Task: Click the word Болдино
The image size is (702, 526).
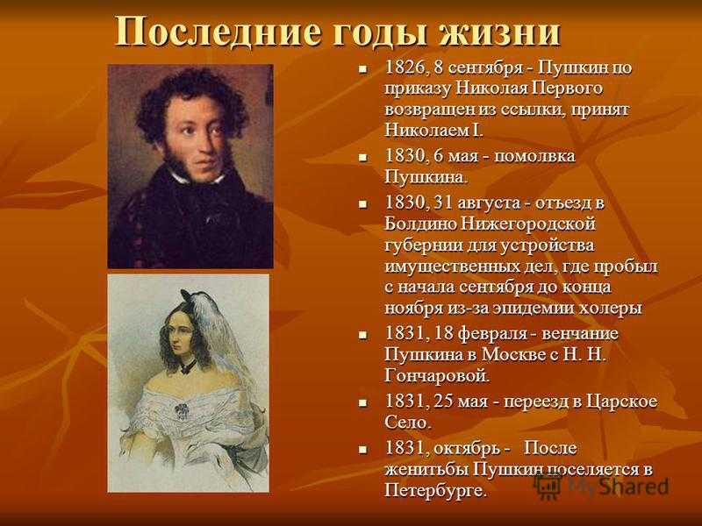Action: pos(419,224)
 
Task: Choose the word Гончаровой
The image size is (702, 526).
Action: pos(437,376)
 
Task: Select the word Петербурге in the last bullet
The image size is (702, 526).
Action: pos(435,491)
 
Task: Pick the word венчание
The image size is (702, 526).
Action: pos(580,334)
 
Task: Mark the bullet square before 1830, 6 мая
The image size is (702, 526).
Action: pos(362,158)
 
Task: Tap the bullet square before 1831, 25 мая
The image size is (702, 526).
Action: pos(362,403)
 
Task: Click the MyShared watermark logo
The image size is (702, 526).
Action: pos(601,487)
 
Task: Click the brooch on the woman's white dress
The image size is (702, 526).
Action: pos(182,410)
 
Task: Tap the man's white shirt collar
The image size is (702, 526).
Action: pos(197,179)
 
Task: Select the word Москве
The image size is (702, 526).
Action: pos(513,355)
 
